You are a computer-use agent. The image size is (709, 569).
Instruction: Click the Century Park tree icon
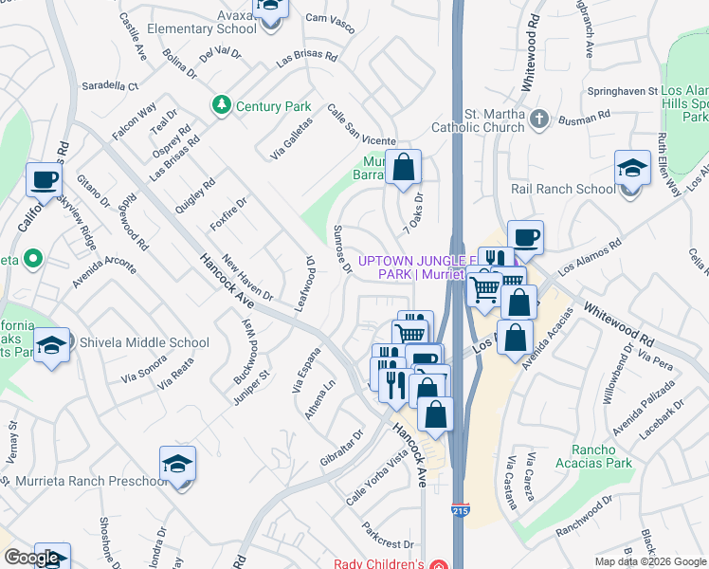pyautogui.click(x=222, y=105)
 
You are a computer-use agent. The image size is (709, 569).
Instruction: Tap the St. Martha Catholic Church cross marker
pyautogui.click(x=539, y=119)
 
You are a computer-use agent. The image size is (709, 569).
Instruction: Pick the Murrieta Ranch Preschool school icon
pyautogui.click(x=177, y=465)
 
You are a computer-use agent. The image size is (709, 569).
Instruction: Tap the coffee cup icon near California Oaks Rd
pyautogui.click(x=45, y=179)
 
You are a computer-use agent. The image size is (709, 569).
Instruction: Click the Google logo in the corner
pyautogui.click(x=31, y=558)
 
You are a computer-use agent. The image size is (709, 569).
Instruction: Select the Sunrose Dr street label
pyautogui.click(x=343, y=249)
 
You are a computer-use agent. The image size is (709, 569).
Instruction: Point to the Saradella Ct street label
pyautogui.click(x=109, y=85)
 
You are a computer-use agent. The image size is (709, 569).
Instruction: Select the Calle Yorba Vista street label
pyautogui.click(x=376, y=476)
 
